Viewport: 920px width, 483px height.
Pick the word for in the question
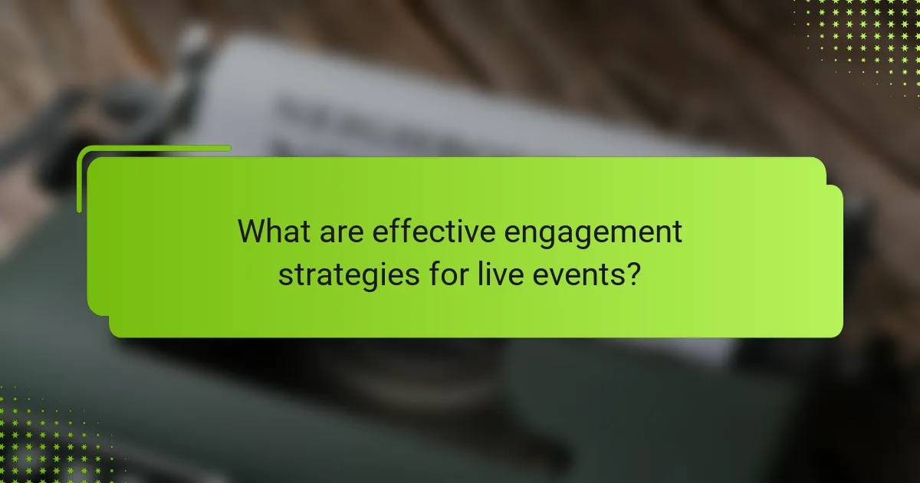[442, 274]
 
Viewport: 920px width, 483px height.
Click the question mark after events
[632, 274]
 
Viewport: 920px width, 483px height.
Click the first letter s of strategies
[284, 276]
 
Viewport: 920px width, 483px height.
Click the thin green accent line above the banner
[153, 148]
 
